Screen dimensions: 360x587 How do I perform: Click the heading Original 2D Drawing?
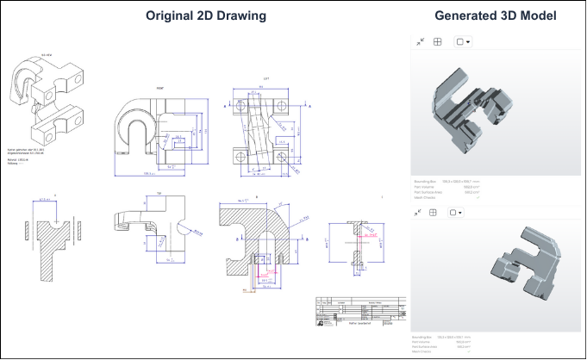206,16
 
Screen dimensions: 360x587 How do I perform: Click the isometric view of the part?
41,102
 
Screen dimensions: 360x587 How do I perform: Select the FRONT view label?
159,89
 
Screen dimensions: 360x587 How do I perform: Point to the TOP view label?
159,192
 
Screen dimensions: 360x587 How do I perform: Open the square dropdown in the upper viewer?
463,41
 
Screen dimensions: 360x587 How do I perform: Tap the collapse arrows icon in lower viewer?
420,211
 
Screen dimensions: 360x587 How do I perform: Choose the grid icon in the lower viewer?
437,211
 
